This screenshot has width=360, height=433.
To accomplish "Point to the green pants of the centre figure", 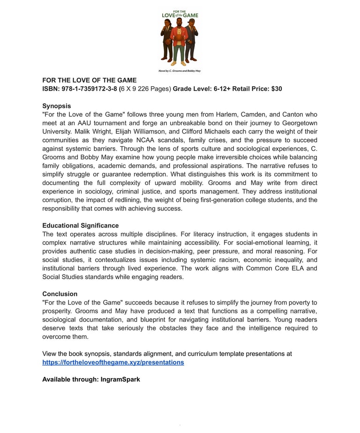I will [x=179, y=52].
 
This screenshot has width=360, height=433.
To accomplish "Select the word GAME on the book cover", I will [x=191, y=15].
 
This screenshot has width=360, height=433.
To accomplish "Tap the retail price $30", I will [x=277, y=89].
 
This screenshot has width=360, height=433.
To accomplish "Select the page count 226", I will [x=144, y=89].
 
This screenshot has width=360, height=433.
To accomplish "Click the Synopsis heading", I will [x=56, y=106].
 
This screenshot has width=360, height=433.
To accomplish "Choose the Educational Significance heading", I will [x=80, y=225].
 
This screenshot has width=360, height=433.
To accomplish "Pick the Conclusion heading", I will [x=60, y=294].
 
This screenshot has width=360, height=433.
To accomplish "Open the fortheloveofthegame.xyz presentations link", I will [x=113, y=362].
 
